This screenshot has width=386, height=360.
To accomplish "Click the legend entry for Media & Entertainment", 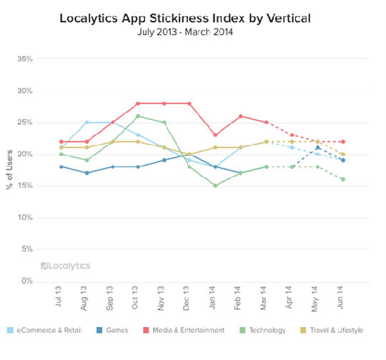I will (x=189, y=330).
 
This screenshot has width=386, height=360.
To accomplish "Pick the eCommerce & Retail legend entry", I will (x=48, y=330).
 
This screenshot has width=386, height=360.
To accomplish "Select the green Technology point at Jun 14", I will (x=342, y=179).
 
